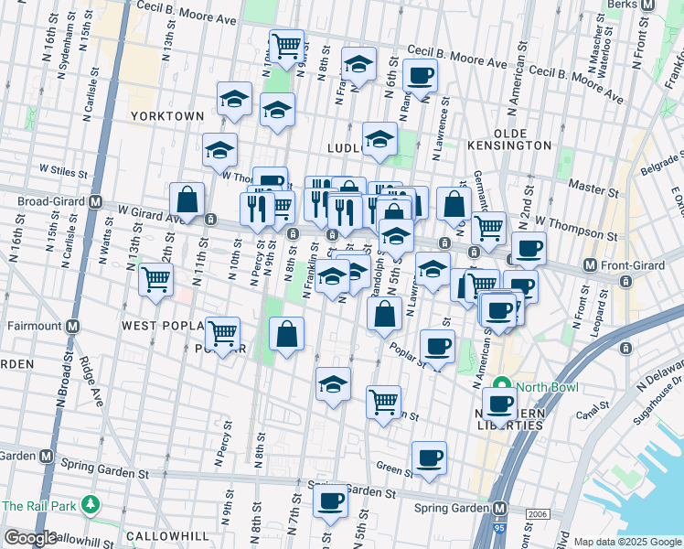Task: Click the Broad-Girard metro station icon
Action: pos(95,201)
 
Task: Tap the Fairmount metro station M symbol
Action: pos(72,326)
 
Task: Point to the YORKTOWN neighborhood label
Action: pos(166,116)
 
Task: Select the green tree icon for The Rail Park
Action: pos(90,505)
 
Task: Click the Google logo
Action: pos(30,538)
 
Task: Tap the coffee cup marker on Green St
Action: pos(428,457)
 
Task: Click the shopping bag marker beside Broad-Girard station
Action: pos(187,199)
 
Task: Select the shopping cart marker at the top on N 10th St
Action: pos(286,45)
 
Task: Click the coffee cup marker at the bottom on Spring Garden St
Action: pos(330,501)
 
